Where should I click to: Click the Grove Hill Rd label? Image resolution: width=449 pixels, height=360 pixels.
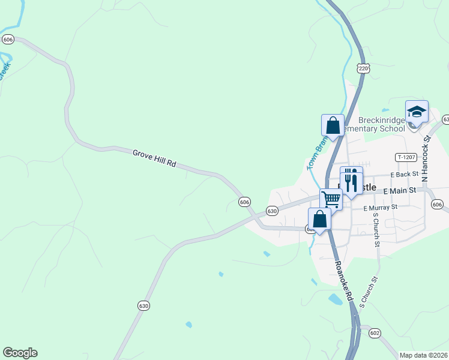154,158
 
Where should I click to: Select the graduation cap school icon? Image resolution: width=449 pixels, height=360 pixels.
417,112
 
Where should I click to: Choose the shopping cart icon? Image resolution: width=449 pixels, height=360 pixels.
331,199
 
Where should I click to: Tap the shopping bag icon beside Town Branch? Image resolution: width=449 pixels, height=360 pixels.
333,126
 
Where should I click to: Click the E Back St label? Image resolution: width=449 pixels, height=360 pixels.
403,174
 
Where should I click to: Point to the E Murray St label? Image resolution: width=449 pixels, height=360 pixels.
381,208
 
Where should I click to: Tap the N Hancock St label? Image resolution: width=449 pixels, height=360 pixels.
427,159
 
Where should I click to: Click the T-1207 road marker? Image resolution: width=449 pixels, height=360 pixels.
406,157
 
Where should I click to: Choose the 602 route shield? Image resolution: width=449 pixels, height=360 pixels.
375,333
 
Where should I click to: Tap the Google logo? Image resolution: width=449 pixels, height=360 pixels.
20,353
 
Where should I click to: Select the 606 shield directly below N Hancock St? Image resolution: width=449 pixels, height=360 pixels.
437,205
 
